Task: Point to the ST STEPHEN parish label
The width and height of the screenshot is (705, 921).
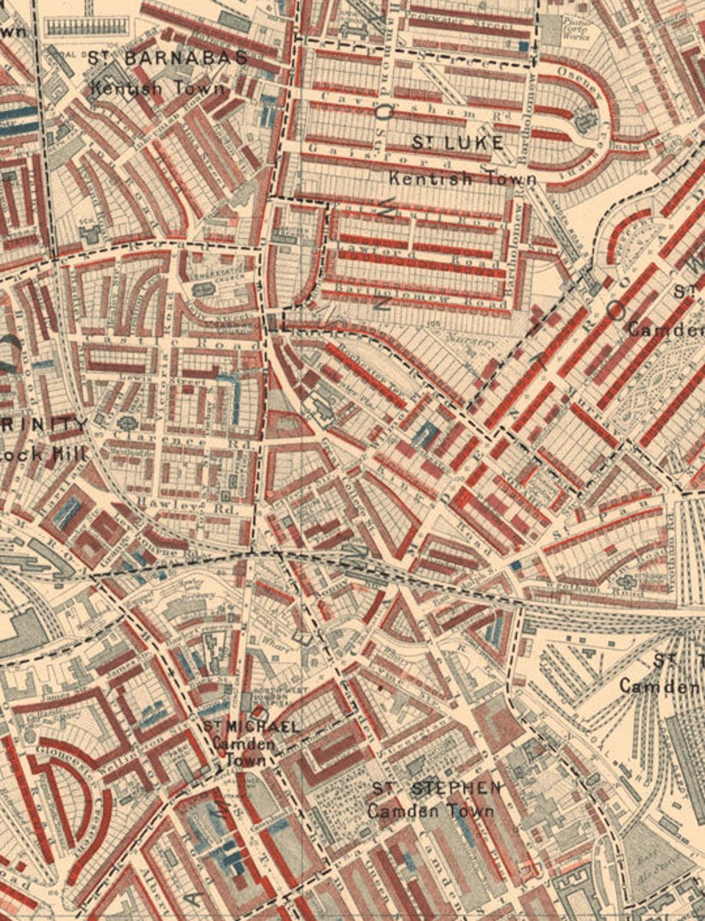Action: [x=435, y=788]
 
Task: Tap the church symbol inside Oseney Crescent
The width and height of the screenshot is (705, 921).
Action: [x=585, y=120]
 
